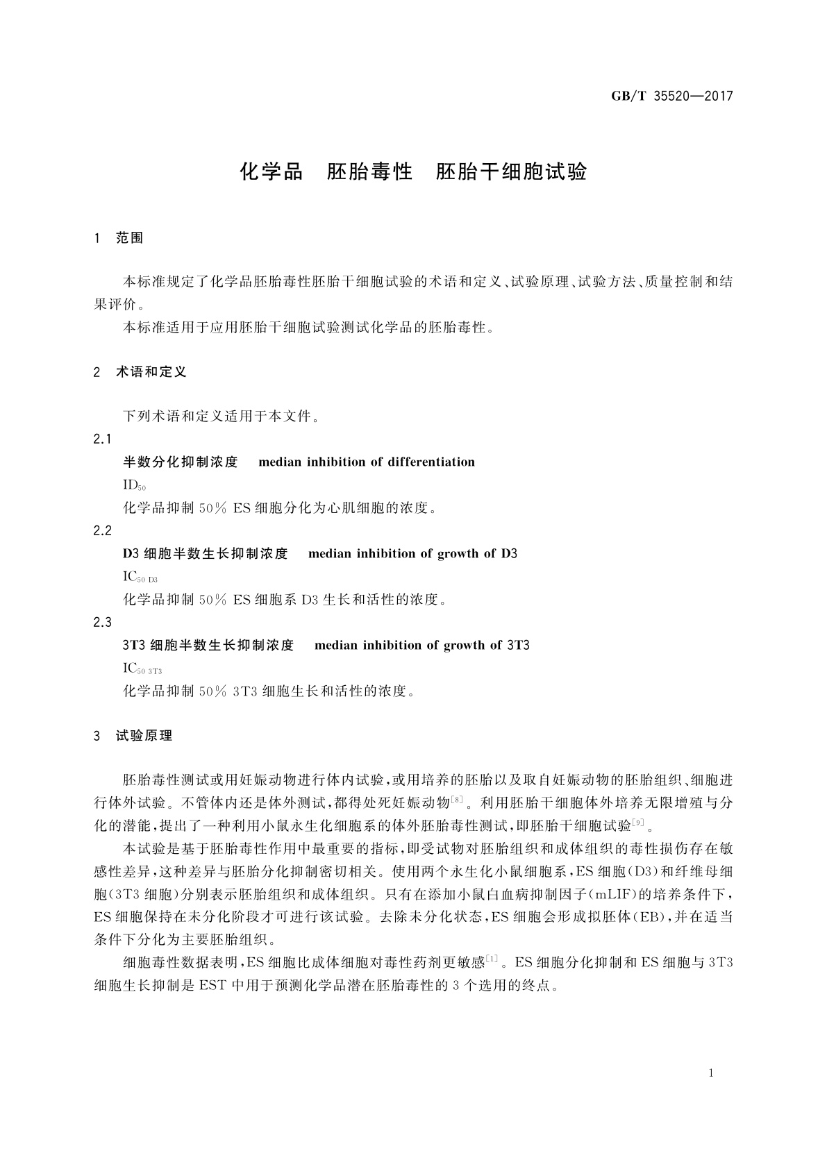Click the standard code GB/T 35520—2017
(671, 96)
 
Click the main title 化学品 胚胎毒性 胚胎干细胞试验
(413, 171)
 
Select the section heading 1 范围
(119, 238)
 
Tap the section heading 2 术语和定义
(140, 372)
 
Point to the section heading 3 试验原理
(133, 736)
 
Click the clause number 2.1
(102, 439)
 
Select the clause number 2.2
(102, 531)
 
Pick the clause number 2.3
(102, 623)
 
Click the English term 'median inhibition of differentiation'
(367, 462)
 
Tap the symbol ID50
(134, 485)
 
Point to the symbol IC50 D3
(140, 577)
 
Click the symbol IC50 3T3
(142, 668)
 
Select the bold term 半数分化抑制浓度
(181, 462)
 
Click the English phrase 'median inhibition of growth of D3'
(412, 554)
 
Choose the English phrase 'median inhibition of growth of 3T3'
(422, 646)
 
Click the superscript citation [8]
(457, 800)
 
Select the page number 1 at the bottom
(711, 1073)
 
